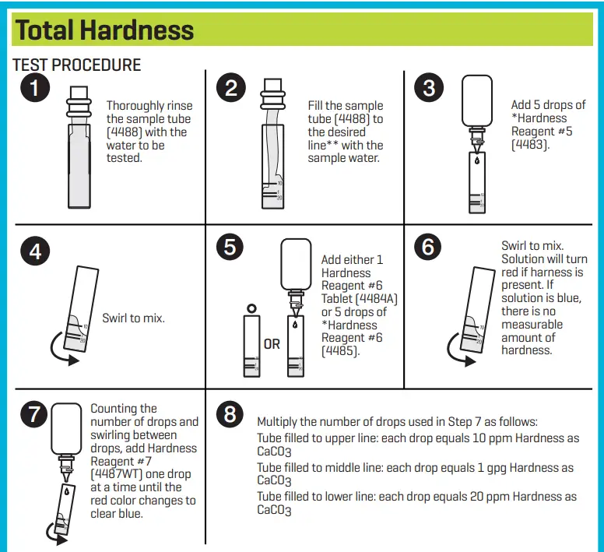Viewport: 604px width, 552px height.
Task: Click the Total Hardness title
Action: pyautogui.click(x=104, y=30)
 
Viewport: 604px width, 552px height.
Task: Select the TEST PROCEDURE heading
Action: pyautogui.click(x=77, y=65)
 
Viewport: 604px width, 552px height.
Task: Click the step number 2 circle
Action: pyautogui.click(x=230, y=88)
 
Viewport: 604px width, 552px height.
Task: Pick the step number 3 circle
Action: pyautogui.click(x=429, y=88)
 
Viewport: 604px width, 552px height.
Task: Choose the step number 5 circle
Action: pyautogui.click(x=230, y=247)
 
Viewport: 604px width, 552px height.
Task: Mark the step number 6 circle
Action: pyautogui.click(x=429, y=247)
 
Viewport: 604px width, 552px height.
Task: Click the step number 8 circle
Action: pyautogui.click(x=230, y=414)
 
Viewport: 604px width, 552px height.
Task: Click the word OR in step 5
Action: pyautogui.click(x=272, y=344)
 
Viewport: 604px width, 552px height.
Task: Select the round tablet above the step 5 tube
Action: pyautogui.click(x=250, y=308)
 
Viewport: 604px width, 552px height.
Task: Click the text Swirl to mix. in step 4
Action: pyautogui.click(x=133, y=318)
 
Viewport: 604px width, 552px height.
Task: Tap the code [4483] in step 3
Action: pyautogui.click(x=529, y=145)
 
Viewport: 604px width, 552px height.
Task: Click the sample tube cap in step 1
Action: pyautogui.click(x=79, y=99)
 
